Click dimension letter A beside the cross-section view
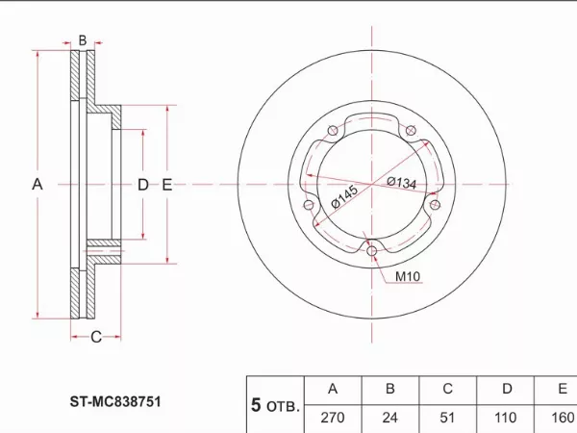coord(38,184)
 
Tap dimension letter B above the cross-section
coord(83,40)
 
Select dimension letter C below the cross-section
coord(96,336)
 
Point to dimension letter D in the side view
coord(142,184)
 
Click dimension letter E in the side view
coord(166,184)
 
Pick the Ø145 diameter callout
coord(343,197)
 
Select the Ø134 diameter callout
coord(401,182)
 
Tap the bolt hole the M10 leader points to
coord(372,253)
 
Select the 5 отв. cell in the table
coord(274,405)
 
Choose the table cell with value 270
coord(333,419)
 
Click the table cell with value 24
coord(390,419)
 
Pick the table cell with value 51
coord(447,419)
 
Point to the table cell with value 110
coord(505,419)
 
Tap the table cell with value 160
coord(561,419)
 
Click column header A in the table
coord(333,389)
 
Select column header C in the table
coord(447,389)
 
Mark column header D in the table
coord(505,389)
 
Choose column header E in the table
coord(561,389)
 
